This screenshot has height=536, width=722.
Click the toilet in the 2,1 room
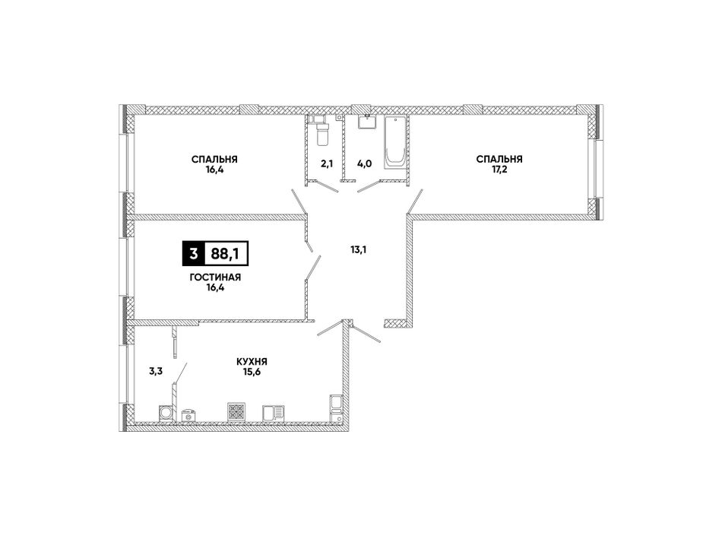point(321,132)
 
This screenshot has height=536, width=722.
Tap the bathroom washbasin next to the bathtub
point(367,122)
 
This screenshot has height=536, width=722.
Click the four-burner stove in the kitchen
point(236,411)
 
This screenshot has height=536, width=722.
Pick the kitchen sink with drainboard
point(274,413)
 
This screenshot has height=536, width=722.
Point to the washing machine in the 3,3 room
point(166,413)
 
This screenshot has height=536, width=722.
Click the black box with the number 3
point(193,253)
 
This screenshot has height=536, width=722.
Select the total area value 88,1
point(225,254)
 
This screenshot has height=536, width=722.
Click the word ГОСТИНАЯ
point(215,278)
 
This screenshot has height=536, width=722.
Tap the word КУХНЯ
point(252,362)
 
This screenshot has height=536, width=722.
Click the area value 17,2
point(499,169)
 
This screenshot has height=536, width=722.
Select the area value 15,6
point(252,372)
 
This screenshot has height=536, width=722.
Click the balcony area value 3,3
point(156,372)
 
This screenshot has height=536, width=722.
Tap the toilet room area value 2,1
point(327,164)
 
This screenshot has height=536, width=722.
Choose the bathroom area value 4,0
point(364,164)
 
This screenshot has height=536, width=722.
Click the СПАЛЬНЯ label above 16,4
point(214,160)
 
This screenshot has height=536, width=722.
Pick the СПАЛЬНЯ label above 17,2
point(499,160)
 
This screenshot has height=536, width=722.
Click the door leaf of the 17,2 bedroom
point(414,201)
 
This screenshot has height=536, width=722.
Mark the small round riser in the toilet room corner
point(339,118)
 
